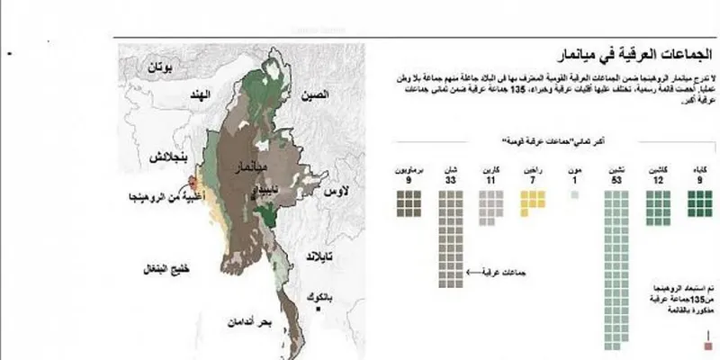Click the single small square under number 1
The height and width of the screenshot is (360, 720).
click(574, 194)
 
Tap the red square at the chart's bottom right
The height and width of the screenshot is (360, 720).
click(709, 344)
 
